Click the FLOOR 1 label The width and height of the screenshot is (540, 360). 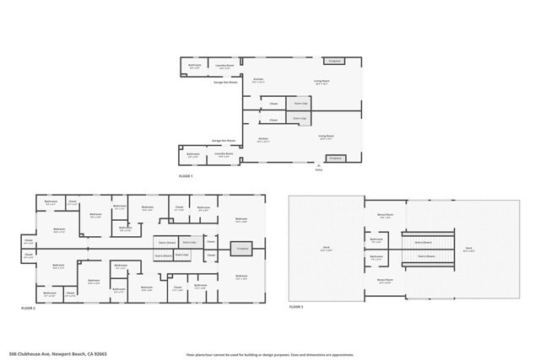point(186,175)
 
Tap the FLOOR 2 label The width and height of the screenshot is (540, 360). point(28,309)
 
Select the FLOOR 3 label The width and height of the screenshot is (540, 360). point(296,308)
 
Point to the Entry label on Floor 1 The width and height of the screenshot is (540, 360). point(319,169)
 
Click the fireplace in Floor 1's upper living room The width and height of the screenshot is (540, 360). point(335,61)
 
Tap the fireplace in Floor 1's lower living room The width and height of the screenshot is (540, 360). point(335,158)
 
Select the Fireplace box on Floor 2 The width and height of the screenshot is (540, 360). point(241,249)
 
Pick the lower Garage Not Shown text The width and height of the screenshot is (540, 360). point(223,140)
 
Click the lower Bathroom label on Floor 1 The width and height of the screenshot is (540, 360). point(193,154)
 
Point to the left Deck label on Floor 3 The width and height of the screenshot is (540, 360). point(326,249)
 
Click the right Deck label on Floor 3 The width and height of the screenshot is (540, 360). point(469,249)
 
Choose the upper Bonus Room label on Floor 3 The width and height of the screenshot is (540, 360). point(386,215)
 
